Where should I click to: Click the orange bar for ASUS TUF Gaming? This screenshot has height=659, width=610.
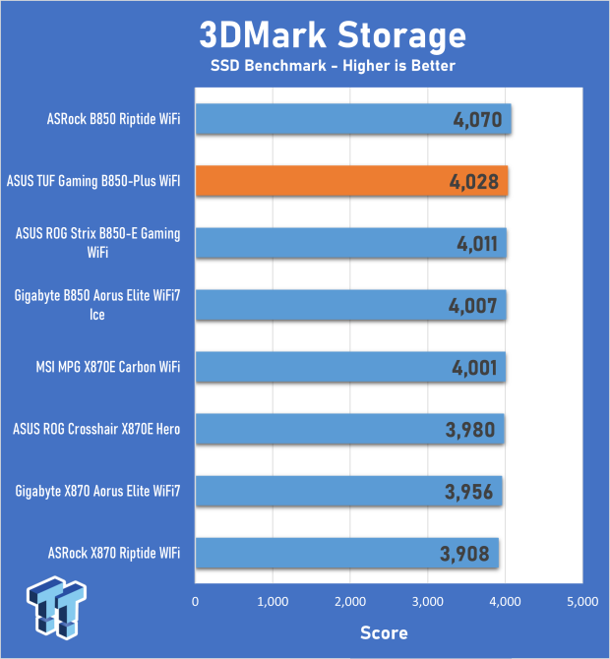(x=351, y=181)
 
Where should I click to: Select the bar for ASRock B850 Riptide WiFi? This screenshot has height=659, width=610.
(x=353, y=119)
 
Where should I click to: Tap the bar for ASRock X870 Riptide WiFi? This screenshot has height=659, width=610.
(x=347, y=553)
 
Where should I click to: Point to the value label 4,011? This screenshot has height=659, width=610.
(x=477, y=244)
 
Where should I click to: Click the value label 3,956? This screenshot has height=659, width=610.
(x=468, y=492)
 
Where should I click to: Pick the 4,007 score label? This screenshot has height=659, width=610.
(x=473, y=306)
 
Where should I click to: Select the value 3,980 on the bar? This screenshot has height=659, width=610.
(x=470, y=430)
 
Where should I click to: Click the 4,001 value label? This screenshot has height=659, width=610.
(x=474, y=368)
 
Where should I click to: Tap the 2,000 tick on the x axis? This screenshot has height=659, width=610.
(x=350, y=601)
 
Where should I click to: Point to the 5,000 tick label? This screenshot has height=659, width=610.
(x=582, y=601)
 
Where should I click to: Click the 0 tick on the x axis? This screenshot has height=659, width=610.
(x=195, y=601)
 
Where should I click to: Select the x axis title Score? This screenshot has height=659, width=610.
(x=384, y=633)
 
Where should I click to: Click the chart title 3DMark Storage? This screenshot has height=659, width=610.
(x=333, y=34)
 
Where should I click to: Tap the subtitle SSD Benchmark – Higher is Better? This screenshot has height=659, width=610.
(x=333, y=66)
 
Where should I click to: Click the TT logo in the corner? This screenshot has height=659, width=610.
(x=56, y=608)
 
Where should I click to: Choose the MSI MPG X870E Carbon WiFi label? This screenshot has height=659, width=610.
(x=108, y=367)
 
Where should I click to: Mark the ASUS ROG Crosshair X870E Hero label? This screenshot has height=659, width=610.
(x=96, y=429)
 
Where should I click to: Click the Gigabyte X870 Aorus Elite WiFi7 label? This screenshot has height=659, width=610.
(x=97, y=491)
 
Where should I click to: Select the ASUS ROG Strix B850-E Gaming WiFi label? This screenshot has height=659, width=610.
(x=97, y=243)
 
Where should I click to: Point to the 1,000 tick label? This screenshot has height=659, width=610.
(x=273, y=601)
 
